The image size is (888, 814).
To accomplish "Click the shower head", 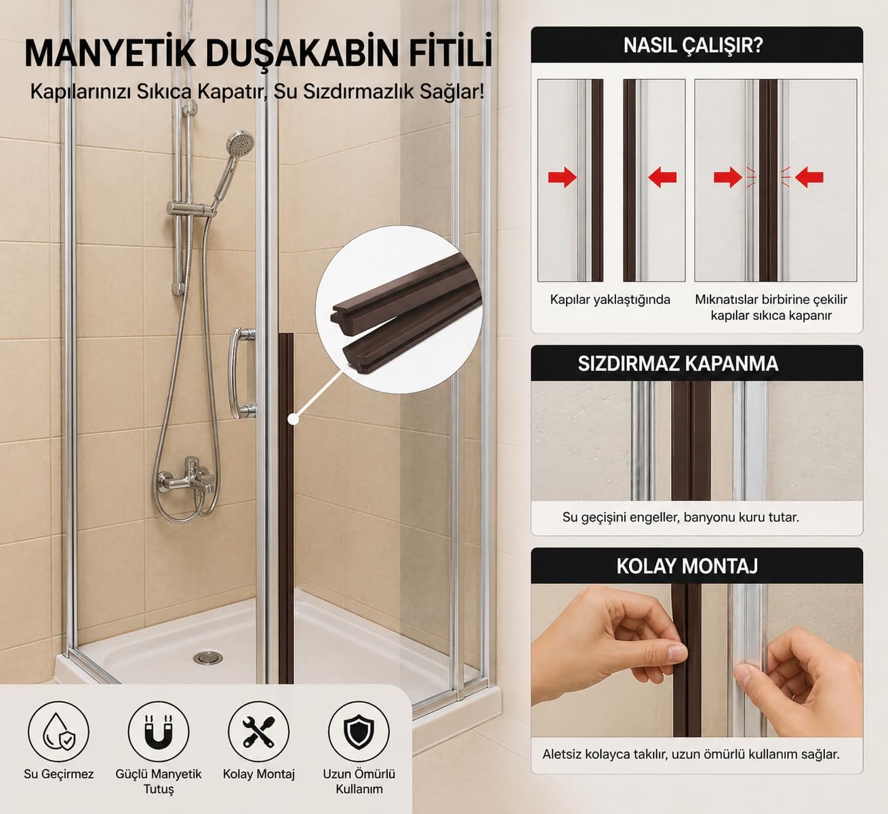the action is (240, 143).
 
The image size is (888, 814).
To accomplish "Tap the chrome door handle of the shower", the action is (241, 372).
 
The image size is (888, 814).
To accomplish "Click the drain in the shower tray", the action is (207, 657).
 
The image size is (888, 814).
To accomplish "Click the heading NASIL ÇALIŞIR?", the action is (693, 45).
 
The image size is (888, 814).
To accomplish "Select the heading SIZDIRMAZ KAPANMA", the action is (678, 364).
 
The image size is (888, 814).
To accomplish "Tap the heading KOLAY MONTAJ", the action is (687, 566).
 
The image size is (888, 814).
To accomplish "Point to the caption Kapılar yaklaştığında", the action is (610, 300).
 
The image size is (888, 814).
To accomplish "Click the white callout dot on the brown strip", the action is (293, 419).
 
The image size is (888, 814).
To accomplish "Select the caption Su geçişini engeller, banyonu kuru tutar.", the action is (681, 517).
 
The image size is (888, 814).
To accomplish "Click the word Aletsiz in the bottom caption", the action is (561, 754).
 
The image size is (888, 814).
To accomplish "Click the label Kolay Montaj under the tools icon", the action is (258, 774).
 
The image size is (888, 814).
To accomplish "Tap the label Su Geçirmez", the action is (58, 775).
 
